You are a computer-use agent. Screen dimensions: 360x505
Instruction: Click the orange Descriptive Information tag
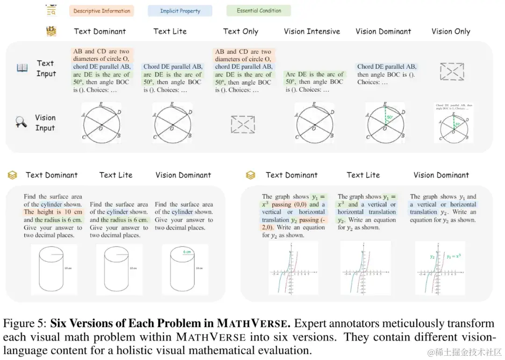point(101,11)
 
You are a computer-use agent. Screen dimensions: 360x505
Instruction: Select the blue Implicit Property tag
point(180,11)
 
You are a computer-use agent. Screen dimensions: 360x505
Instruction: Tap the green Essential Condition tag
point(259,10)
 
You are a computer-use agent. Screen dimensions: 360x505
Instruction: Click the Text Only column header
point(240,31)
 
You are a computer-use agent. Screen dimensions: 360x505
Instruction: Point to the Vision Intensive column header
point(312,31)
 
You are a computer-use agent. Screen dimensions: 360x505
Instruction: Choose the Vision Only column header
point(450,31)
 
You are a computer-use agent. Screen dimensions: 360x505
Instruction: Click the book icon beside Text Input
point(22,68)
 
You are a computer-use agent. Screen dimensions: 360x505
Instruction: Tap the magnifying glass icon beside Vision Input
point(21,122)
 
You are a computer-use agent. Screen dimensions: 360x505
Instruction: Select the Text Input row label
point(46,68)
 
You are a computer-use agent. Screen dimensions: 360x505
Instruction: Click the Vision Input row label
point(45,122)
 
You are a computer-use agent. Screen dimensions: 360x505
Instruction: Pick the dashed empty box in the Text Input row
point(452,71)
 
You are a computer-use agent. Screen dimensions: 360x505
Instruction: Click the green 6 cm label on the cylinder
point(187,252)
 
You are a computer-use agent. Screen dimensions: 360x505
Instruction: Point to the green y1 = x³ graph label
point(453,256)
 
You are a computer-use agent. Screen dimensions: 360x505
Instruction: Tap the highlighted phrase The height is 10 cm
point(54,212)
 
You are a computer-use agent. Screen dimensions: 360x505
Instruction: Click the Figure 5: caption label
point(25,324)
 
